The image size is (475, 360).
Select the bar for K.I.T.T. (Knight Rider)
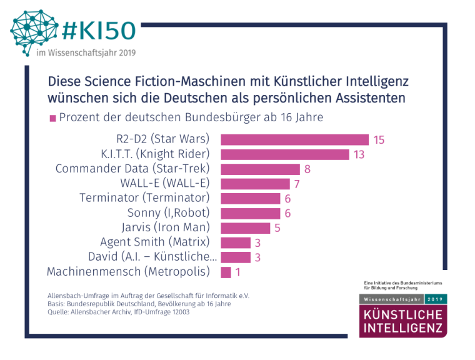(x=285, y=154)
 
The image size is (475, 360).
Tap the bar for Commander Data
(x=261, y=169)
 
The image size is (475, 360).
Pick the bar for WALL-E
(x=256, y=184)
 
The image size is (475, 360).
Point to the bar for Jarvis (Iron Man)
(x=246, y=227)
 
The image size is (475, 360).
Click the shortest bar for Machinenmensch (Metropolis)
(x=226, y=272)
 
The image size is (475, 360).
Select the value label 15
(x=379, y=140)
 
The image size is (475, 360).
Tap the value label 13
(x=359, y=154)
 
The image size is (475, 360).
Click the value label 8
(x=307, y=169)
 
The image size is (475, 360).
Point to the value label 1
(x=238, y=272)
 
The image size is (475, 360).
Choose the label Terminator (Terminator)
(x=144, y=198)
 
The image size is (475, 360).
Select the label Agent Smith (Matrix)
(x=154, y=242)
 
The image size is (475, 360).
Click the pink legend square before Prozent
(x=52, y=119)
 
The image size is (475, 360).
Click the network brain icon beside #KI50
(x=34, y=27)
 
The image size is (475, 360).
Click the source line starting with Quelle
(x=118, y=313)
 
